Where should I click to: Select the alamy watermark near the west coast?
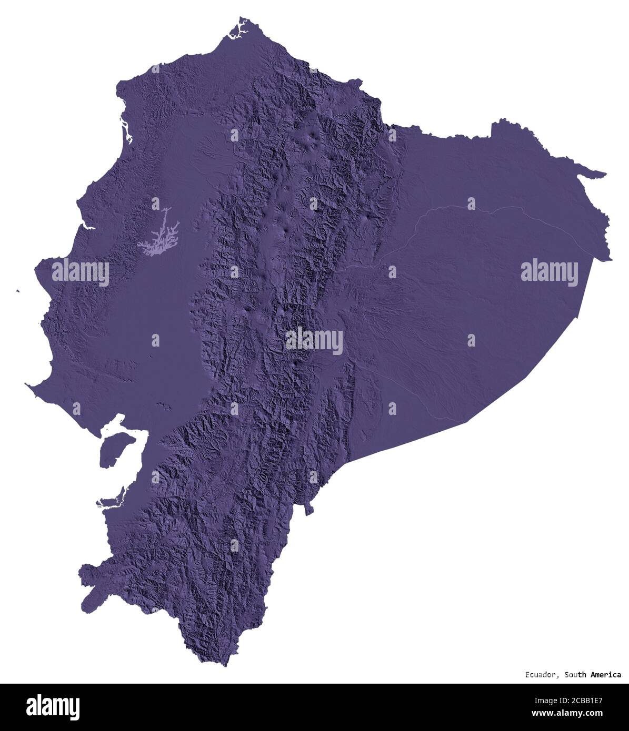tap(80, 273)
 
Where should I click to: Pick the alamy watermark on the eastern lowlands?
tap(549, 273)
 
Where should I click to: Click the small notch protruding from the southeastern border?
tap(311, 509)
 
